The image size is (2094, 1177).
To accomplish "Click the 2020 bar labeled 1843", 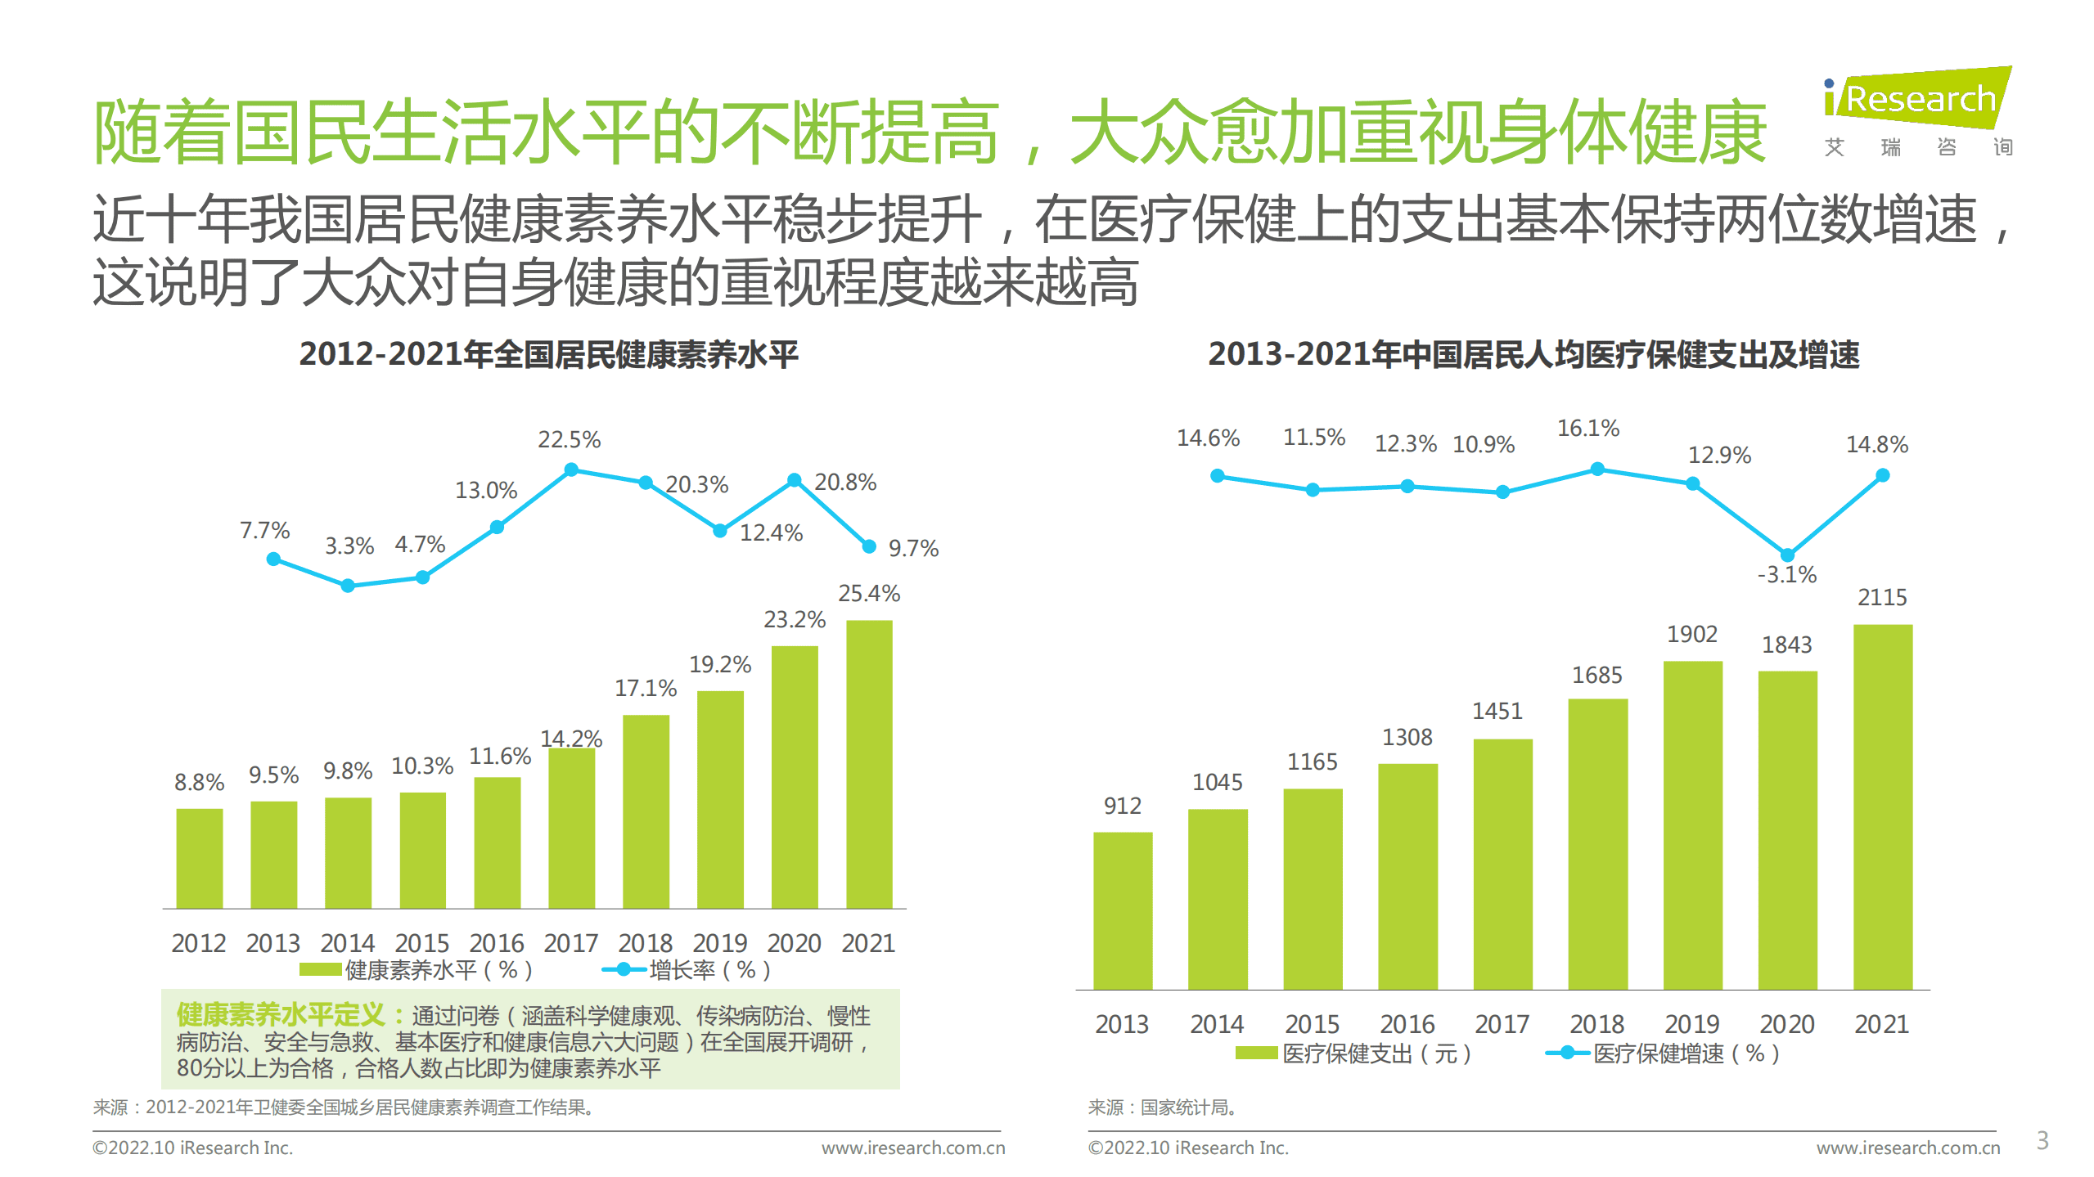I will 1787,829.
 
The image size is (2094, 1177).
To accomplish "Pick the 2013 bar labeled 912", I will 1122,910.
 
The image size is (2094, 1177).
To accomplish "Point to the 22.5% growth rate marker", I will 571,469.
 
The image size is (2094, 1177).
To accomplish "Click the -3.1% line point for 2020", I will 1787,555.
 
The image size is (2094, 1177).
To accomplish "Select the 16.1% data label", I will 1587,428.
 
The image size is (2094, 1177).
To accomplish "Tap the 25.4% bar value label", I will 868,593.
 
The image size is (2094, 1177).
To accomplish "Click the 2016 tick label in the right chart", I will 1407,1023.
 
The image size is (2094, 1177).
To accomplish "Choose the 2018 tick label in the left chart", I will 645,942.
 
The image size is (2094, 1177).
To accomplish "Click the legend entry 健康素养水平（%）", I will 417,970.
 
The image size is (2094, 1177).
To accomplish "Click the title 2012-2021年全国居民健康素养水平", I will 548,354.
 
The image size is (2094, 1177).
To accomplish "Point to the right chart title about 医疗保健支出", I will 1533,354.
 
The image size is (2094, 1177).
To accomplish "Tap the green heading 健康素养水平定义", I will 281,1014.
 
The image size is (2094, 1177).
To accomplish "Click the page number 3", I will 2042,1139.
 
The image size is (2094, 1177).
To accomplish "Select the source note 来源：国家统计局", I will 1162,1107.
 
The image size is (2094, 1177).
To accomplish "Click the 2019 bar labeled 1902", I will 1692,824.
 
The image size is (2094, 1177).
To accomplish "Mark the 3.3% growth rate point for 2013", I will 348,586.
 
